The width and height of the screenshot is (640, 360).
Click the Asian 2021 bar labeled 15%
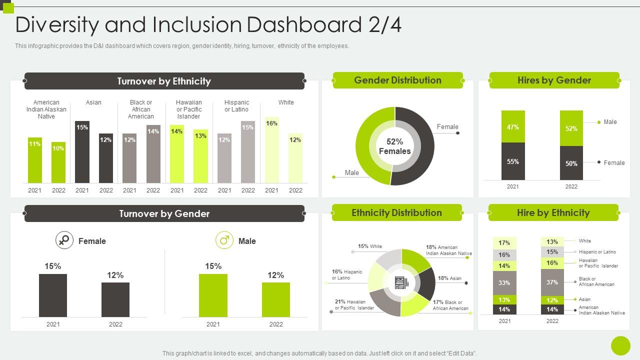click(x=82, y=152)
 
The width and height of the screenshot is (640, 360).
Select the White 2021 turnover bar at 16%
click(x=271, y=150)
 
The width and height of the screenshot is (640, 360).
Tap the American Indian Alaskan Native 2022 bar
click(x=58, y=162)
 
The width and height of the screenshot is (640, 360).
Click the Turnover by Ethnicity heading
click(x=164, y=81)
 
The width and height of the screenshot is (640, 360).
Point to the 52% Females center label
click(x=394, y=146)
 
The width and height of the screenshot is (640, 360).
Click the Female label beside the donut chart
click(x=447, y=127)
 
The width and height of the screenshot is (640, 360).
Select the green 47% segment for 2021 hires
click(x=513, y=126)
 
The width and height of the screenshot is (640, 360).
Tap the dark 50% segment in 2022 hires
click(x=571, y=163)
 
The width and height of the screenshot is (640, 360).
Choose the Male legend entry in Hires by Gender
click(x=610, y=122)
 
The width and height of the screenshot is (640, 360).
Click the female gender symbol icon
click(x=64, y=240)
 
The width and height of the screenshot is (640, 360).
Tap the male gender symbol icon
click(x=224, y=240)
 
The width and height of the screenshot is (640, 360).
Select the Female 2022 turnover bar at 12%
click(x=115, y=299)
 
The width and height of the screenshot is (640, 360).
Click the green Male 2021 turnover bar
click(x=213, y=295)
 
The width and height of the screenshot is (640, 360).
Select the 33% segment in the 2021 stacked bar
click(x=504, y=283)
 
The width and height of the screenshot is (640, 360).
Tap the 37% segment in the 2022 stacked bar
click(x=552, y=282)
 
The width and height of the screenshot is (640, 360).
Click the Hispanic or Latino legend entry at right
click(x=597, y=252)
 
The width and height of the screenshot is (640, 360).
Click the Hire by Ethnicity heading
click(x=553, y=213)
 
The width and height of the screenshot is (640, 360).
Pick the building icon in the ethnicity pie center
click(x=401, y=283)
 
